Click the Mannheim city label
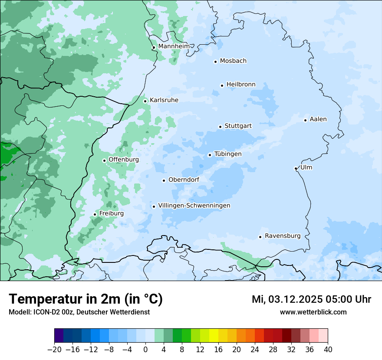click(174, 46)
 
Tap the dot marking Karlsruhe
click(145, 101)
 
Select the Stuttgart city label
click(238, 126)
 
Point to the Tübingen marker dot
click(210, 155)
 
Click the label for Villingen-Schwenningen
click(194, 206)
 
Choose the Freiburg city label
click(111, 213)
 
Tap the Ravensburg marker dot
click(260, 237)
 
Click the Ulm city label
click(306, 167)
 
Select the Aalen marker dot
click(305, 120)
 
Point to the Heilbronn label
click(241, 85)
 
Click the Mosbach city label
click(233, 61)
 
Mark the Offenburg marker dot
click(104, 160)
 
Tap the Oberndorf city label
click(184, 180)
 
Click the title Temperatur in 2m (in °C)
click(86, 299)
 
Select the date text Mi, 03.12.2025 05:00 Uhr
click(311, 299)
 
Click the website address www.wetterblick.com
click(313, 312)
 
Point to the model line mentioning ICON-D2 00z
click(79, 312)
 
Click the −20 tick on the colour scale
click(55, 350)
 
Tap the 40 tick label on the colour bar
click(328, 350)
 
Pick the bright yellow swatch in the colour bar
click(214, 336)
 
